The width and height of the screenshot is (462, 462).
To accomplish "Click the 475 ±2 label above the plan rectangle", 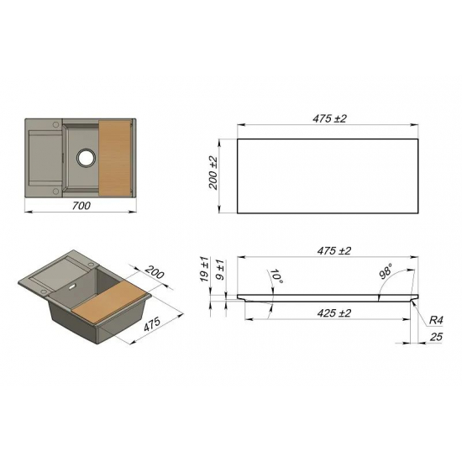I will pyautogui.click(x=329, y=118).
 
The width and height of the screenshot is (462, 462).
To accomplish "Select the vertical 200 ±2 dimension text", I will pyautogui.click(x=213, y=173).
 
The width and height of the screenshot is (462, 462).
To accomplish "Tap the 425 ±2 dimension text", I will pyautogui.click(x=333, y=313).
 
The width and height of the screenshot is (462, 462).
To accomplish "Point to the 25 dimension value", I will pyautogui.click(x=435, y=338).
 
